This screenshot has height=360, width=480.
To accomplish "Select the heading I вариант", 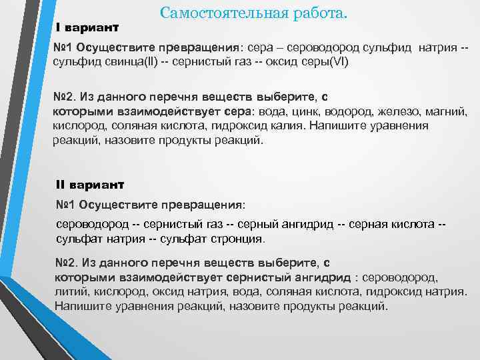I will [87, 28].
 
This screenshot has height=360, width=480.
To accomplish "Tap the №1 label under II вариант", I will [66, 203].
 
